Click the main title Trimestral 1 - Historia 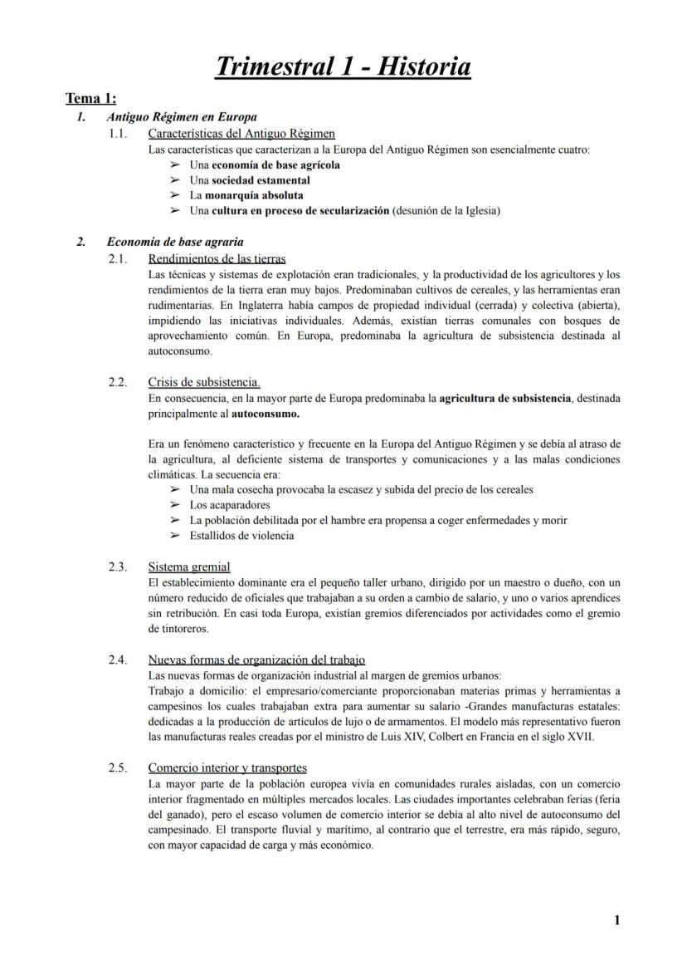click(343, 66)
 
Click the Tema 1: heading click(90, 99)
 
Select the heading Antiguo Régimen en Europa click(182, 117)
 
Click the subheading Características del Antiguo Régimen click(241, 134)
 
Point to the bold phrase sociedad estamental click(261, 180)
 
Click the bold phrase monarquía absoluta click(245, 195)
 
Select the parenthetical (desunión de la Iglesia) click(446, 211)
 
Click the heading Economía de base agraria click(175, 243)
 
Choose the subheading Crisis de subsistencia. click(204, 383)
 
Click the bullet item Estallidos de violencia click(241, 536)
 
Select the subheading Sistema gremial click(189, 567)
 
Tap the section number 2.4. click(119, 660)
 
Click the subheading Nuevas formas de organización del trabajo click(256, 660)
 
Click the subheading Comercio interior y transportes click(227, 768)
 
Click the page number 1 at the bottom click(616, 920)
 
